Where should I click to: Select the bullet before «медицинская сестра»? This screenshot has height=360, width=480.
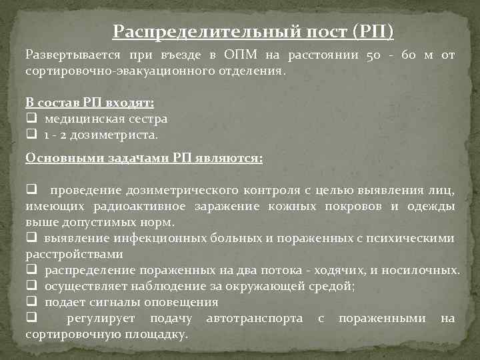click(x=31, y=119)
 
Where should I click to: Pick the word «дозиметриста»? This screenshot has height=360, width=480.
click(x=117, y=134)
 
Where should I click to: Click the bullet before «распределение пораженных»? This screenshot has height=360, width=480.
click(x=31, y=270)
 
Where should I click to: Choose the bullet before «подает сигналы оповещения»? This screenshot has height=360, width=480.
click(x=31, y=302)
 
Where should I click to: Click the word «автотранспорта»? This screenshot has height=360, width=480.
click(x=255, y=318)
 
